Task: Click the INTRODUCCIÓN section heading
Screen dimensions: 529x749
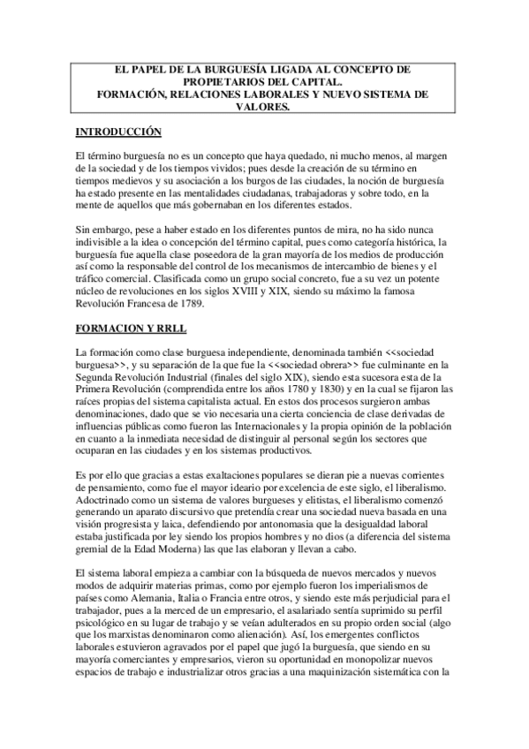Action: [x=117, y=132]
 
